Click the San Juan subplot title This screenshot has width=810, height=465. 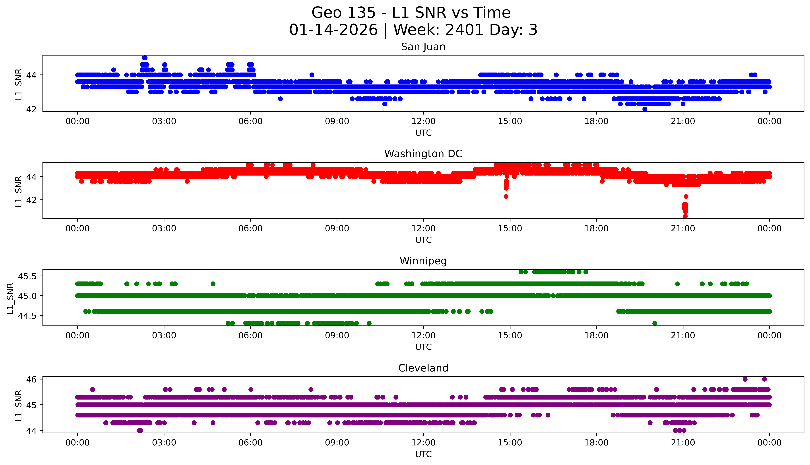[x=423, y=47]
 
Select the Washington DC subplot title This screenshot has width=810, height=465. [x=423, y=154]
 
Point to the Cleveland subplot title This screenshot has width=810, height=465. [x=423, y=368]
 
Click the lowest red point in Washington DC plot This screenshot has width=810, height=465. [x=685, y=216]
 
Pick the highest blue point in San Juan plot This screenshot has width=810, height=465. [x=144, y=58]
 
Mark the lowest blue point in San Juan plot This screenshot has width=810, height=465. [x=645, y=109]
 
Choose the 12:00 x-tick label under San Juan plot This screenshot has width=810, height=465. [x=423, y=121]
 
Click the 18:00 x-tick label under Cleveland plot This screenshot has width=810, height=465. [x=596, y=443]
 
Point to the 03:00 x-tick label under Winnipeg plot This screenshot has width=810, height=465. [x=164, y=336]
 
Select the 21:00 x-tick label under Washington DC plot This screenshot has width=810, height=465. [x=683, y=229]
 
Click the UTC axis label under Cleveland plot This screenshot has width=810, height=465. [x=423, y=454]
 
